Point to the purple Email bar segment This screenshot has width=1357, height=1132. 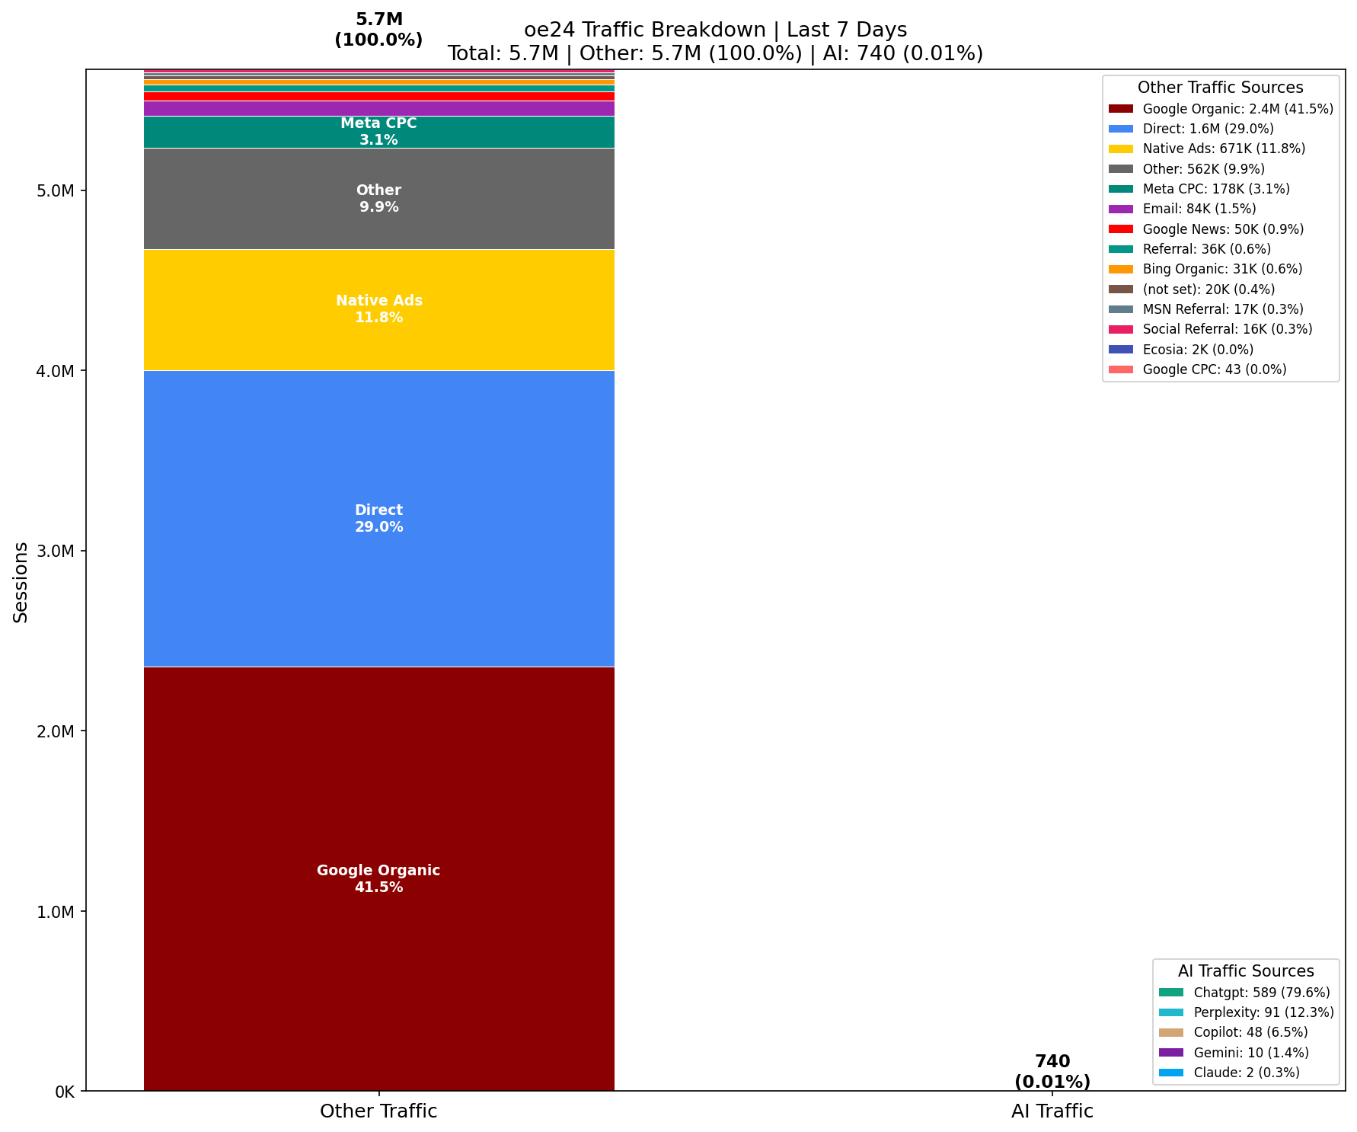(378, 108)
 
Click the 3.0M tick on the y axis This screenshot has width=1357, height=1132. (53, 551)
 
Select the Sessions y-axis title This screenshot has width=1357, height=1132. (21, 581)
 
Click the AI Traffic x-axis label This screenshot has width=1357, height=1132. (1052, 1111)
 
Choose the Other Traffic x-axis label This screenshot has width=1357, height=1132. (378, 1111)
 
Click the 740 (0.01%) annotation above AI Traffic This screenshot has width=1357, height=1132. (1052, 1071)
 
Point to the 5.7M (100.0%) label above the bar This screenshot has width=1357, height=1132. (378, 30)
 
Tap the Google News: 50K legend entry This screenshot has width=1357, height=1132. (1223, 229)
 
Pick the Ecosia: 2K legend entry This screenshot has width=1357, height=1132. (1198, 350)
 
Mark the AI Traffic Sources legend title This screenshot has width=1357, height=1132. (1246, 971)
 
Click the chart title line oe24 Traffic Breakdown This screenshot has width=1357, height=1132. (715, 30)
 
